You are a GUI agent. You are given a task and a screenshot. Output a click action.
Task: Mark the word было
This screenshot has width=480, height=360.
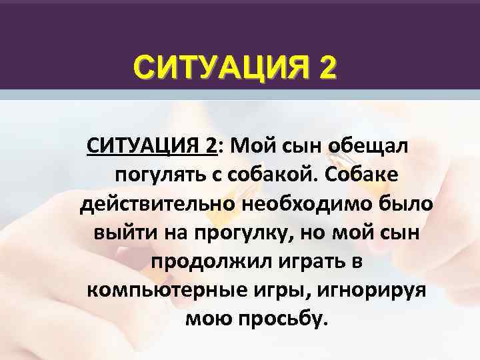click(x=406, y=205)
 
